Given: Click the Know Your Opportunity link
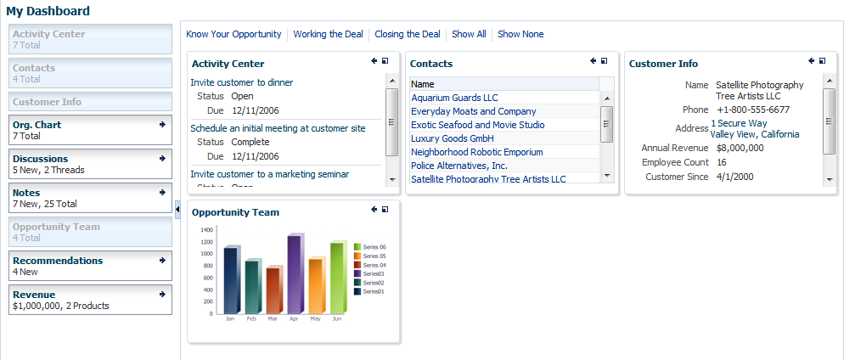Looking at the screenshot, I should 234,34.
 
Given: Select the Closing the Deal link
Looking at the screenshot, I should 407,34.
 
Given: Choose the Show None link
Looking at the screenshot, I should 520,34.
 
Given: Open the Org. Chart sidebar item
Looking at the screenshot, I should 37,125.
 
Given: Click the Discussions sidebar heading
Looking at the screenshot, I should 40,159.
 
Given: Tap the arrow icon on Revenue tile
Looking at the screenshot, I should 162,294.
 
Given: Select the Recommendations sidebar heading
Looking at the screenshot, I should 58,261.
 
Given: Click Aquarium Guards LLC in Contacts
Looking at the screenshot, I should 454,98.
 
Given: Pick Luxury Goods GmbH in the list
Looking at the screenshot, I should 453,138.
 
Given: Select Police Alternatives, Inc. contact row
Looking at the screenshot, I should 459,166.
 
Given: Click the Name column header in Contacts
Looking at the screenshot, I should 423,84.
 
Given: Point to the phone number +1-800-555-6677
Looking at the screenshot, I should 752,110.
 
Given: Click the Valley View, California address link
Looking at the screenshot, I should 755,134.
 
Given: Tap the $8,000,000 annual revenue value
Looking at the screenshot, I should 740,148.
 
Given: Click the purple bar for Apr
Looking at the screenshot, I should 295,276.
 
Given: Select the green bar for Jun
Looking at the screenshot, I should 337,279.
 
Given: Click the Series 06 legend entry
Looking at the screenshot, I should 374,247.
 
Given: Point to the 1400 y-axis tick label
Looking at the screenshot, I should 206,230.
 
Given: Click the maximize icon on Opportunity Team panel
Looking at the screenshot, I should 385,210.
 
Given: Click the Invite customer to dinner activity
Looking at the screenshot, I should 242,82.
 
